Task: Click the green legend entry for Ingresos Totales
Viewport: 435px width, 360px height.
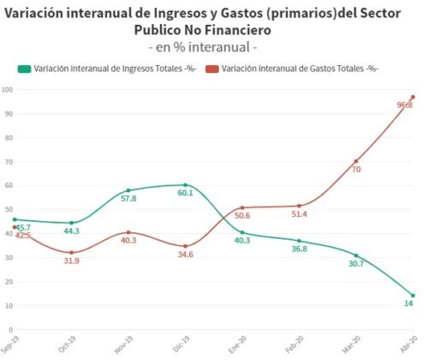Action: click(x=112, y=69)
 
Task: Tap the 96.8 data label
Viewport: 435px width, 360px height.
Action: click(x=405, y=105)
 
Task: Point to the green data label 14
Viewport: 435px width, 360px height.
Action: click(x=409, y=304)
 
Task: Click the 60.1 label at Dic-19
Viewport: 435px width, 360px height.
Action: click(x=185, y=193)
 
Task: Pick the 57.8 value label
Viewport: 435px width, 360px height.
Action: click(x=128, y=199)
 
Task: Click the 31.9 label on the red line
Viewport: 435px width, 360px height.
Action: click(x=71, y=261)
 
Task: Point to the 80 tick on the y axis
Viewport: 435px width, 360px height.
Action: click(x=8, y=138)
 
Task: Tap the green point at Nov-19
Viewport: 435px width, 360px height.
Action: click(x=128, y=190)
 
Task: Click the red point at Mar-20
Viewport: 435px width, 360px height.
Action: click(x=355, y=161)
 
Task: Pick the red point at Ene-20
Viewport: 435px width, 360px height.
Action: click(x=241, y=207)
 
